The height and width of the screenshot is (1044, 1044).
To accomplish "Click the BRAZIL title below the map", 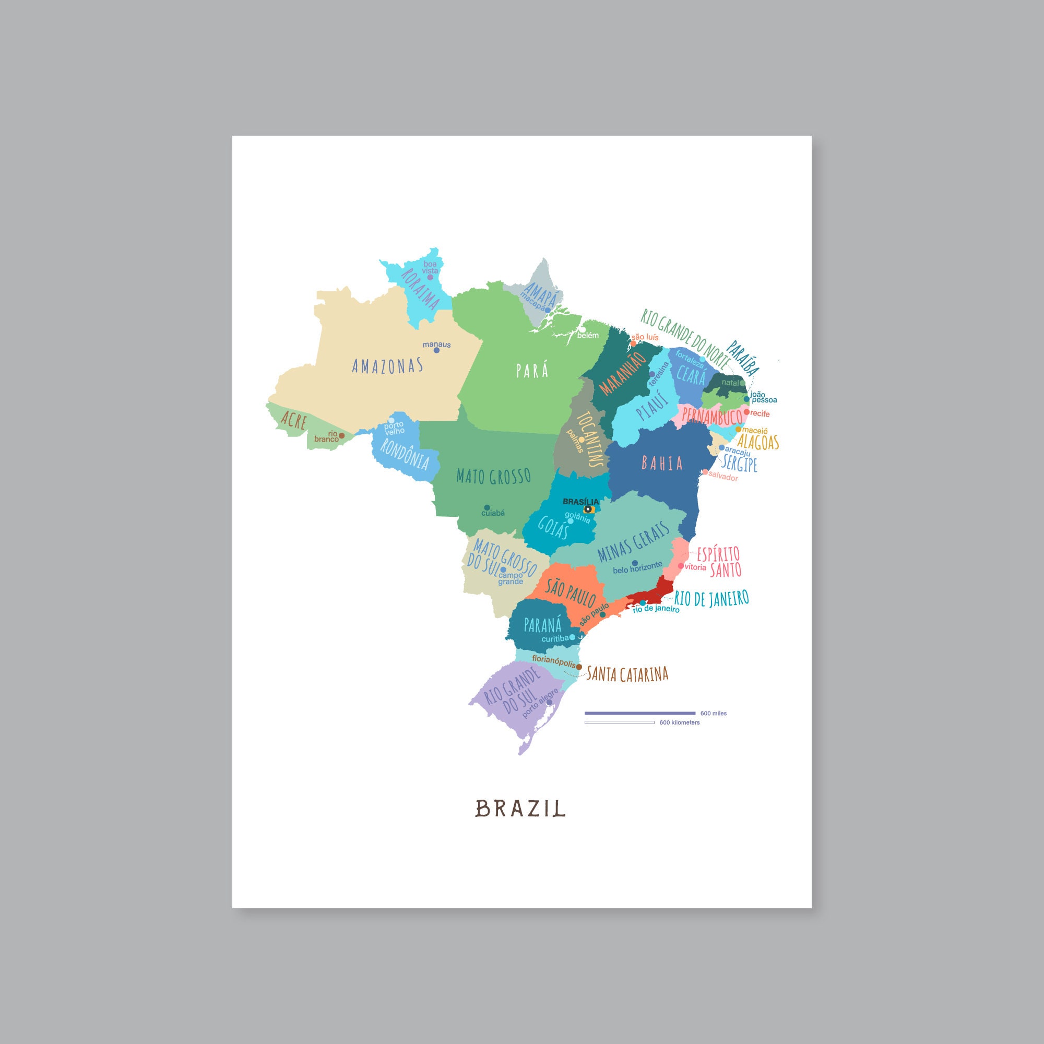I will point(520,824).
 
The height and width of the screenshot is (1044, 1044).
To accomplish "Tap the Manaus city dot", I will point(436,350).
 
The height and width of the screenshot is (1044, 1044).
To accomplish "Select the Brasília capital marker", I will point(587,509).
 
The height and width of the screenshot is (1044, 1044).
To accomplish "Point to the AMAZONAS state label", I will point(387,366).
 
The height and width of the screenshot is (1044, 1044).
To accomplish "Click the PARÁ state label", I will point(532,371).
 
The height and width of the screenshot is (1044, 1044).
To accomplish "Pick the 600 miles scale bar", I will point(640,713).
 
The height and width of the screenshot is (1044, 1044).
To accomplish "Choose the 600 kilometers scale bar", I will point(619,722).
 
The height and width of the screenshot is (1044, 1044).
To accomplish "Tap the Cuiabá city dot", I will point(487,507).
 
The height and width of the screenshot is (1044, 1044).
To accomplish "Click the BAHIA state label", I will point(662,463).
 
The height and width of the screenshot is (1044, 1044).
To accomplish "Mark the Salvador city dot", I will point(705,472).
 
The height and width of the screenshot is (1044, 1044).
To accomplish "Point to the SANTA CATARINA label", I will point(627,674).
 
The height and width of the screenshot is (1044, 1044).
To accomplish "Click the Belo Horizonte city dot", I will point(635,563).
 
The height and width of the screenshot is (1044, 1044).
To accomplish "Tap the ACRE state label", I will point(293,420).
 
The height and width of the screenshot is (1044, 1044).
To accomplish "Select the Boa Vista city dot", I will point(430,277).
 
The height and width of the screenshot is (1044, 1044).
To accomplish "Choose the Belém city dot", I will point(583,329).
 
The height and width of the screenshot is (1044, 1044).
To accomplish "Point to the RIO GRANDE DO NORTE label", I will point(685,339).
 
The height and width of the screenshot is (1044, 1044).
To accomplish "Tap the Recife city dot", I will point(747,412).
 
